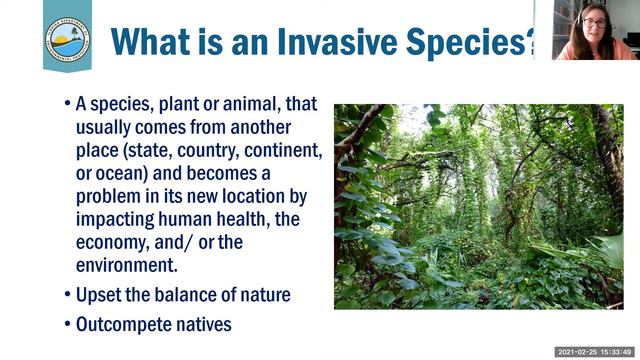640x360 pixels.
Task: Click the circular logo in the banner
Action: tap(67, 35)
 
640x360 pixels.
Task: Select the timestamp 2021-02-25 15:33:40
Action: tap(593, 352)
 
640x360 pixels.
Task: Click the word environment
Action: tap(125, 265)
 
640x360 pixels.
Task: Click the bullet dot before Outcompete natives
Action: tap(67, 325)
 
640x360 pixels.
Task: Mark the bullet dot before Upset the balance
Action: tap(67, 295)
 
